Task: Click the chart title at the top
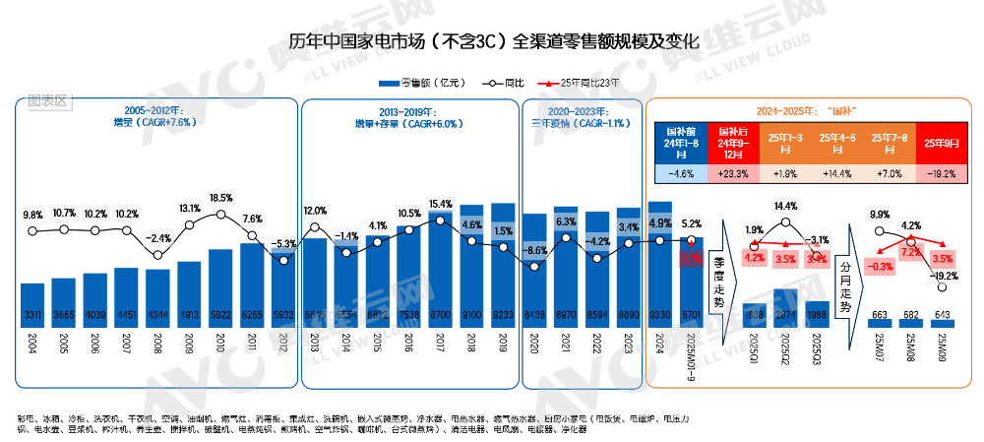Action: (x=493, y=41)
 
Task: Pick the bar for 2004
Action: (x=32, y=305)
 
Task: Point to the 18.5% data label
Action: (x=220, y=198)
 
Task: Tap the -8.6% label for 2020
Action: (x=535, y=250)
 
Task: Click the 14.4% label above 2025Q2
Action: (x=785, y=207)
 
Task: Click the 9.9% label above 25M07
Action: (x=880, y=214)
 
